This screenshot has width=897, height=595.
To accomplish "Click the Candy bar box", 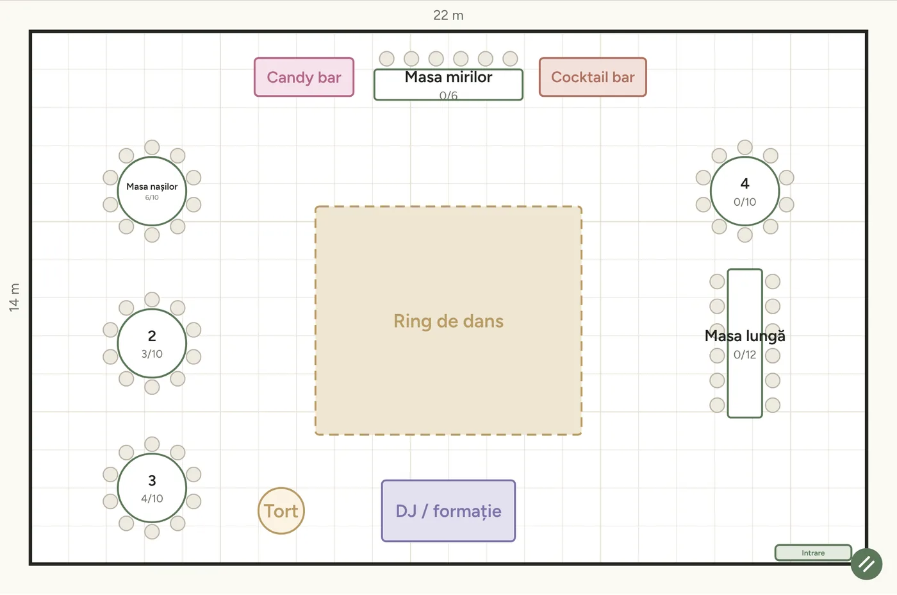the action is click(x=304, y=77).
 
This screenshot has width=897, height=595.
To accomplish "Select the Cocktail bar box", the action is click(x=593, y=77).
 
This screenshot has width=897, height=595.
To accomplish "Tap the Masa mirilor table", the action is click(x=448, y=85).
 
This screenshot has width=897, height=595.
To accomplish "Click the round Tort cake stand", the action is click(x=281, y=511).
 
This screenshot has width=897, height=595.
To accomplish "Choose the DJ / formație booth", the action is click(x=448, y=511).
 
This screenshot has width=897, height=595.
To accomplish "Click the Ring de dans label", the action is click(x=448, y=321).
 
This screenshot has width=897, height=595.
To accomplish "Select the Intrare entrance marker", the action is click(x=813, y=553).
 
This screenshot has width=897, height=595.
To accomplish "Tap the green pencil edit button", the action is click(x=866, y=564).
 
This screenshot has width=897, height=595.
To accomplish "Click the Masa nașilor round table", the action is click(x=152, y=191).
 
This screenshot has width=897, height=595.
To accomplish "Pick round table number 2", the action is click(x=152, y=344).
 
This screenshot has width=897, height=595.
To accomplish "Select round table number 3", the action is click(x=152, y=488).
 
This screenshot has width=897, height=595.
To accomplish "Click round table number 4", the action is click(x=745, y=191).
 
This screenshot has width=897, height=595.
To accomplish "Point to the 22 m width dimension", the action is click(x=448, y=15).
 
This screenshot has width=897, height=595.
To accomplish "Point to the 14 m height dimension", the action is click(x=14, y=297).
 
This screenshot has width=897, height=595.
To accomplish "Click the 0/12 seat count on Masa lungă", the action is click(x=745, y=355).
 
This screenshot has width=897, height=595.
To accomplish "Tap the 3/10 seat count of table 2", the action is click(x=152, y=354).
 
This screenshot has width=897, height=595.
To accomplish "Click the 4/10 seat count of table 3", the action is click(x=152, y=498).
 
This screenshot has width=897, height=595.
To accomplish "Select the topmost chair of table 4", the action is click(x=745, y=147).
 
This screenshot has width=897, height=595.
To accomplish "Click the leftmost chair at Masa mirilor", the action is click(x=386, y=58).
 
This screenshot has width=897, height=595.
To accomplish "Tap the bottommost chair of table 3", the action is click(x=152, y=532).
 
